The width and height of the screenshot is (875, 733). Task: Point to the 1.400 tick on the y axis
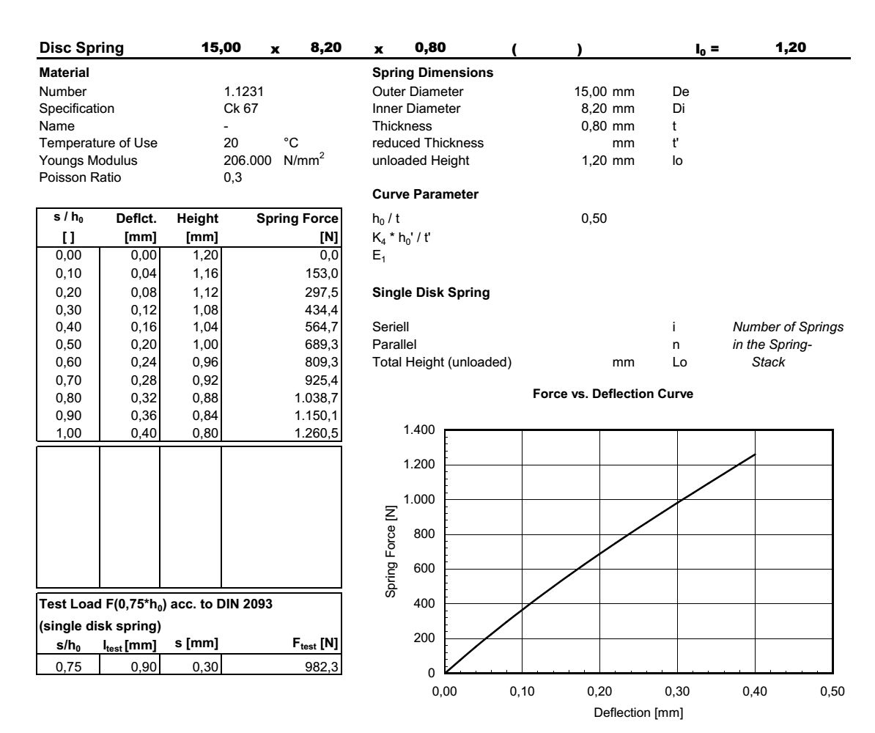420,430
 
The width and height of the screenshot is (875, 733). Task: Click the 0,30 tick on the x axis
677,691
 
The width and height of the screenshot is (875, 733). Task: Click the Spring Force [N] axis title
393,551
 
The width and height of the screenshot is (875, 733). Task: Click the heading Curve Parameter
415,194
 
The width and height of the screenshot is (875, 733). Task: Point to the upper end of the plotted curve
755,454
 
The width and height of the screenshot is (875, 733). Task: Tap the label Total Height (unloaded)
430,360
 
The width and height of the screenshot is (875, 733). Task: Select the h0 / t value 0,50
591,218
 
